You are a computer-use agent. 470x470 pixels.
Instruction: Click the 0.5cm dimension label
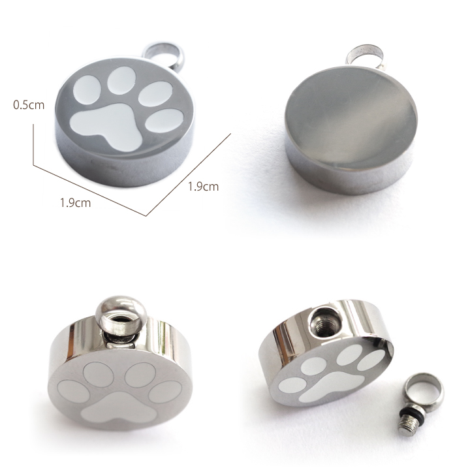point(29,105)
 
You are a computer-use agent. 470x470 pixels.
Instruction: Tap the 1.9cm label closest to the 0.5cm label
point(75,203)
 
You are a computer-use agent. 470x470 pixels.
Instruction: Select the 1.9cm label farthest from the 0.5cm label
point(203,187)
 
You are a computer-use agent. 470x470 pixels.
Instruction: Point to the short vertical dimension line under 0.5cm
point(33,145)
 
